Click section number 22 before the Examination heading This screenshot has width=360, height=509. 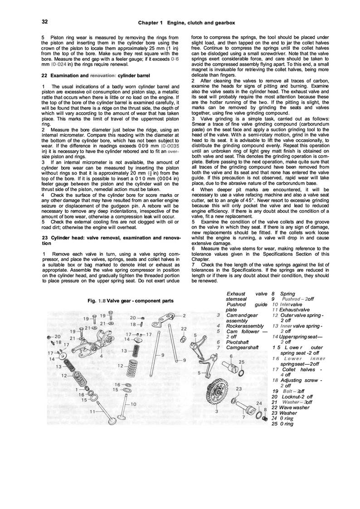point(44,75)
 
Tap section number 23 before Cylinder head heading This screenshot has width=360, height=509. point(44,238)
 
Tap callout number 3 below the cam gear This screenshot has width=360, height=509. point(216,411)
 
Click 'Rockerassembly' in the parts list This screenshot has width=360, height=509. point(245,325)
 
